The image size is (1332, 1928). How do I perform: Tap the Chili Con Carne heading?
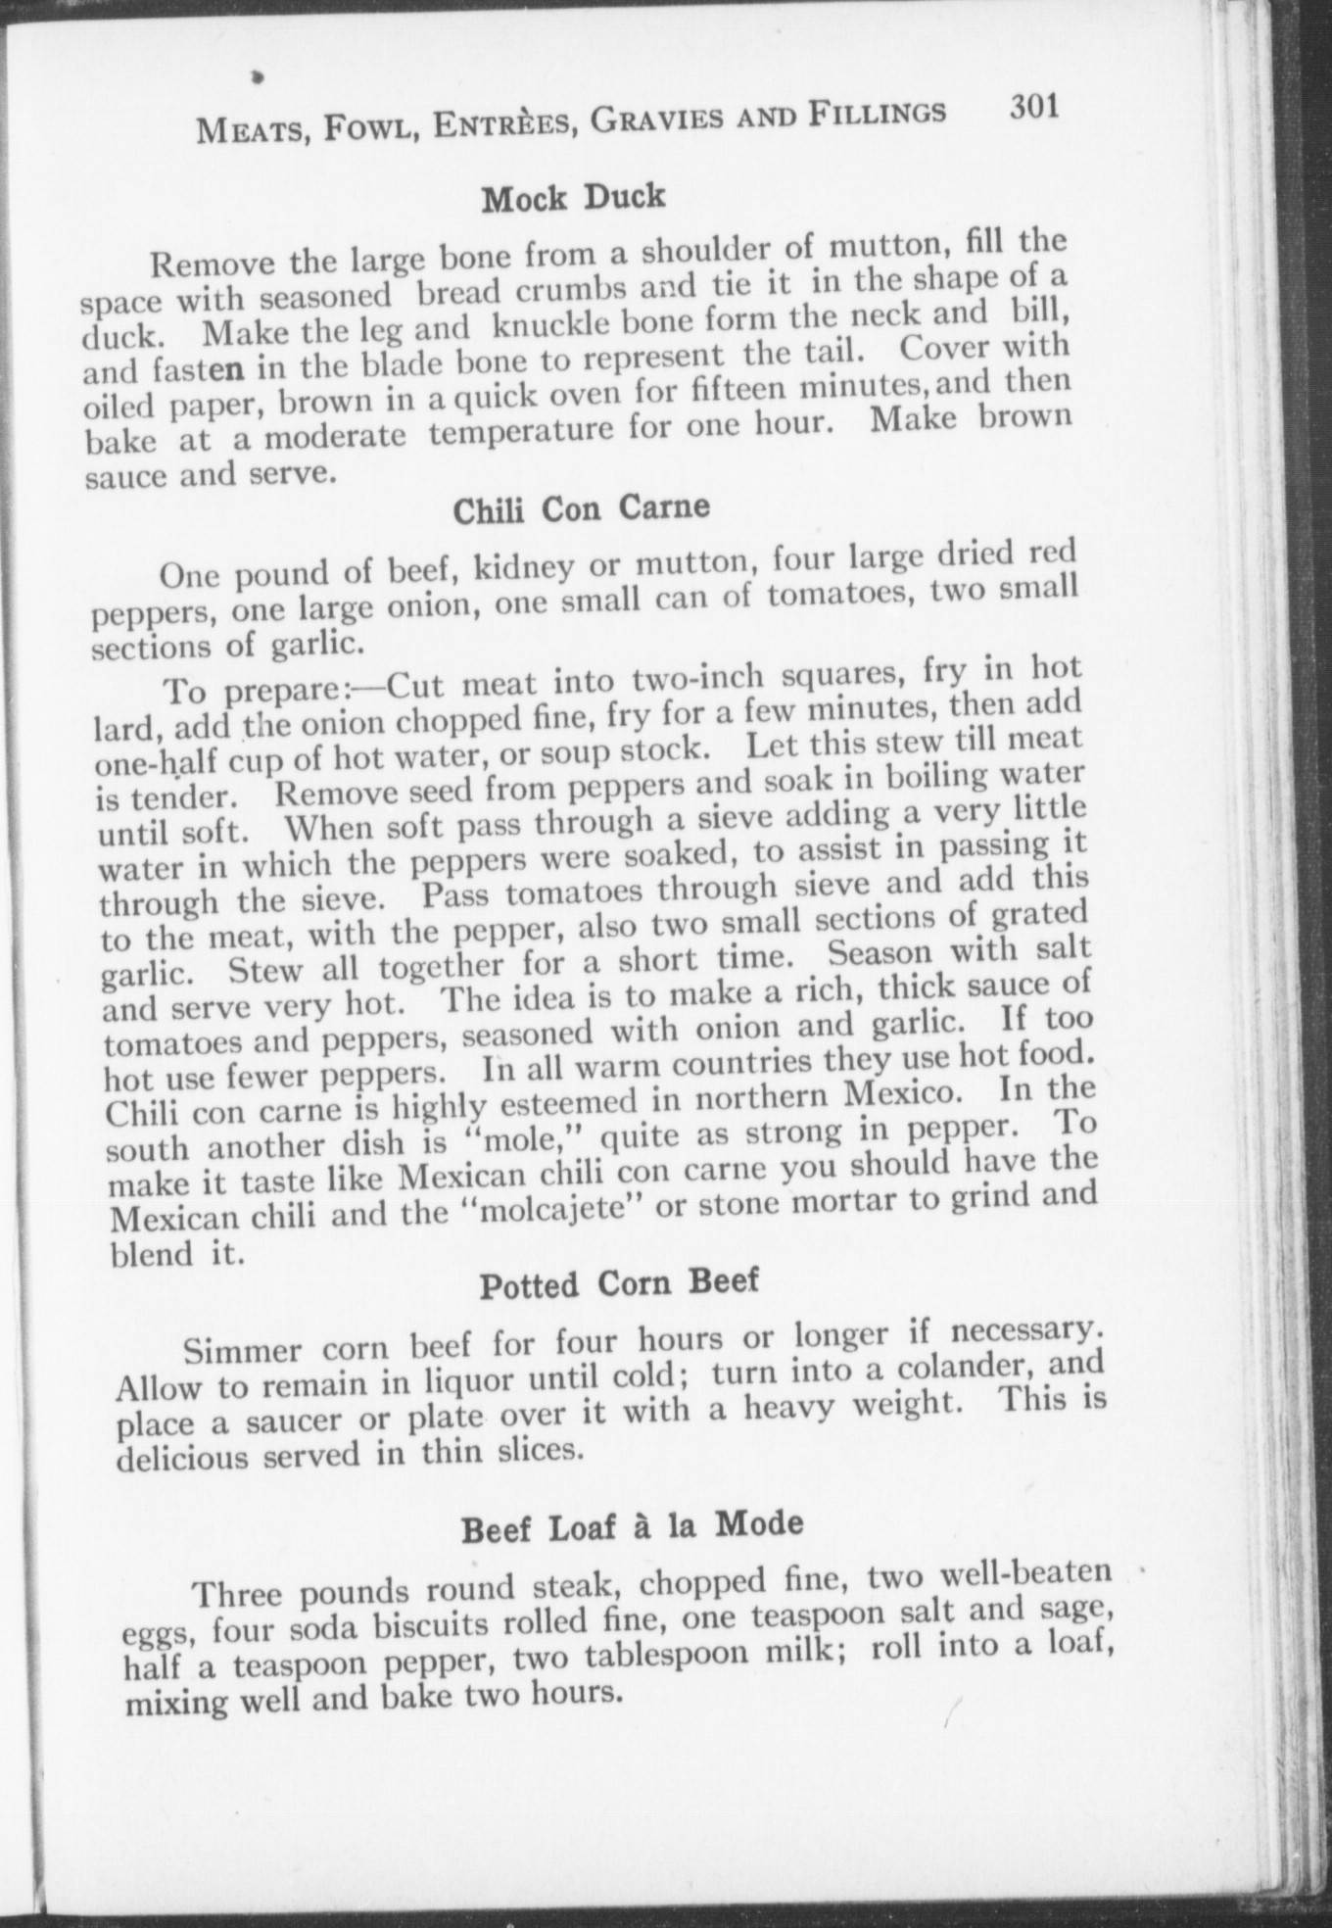point(581,509)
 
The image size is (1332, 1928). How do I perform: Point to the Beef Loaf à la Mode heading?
point(632,1526)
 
